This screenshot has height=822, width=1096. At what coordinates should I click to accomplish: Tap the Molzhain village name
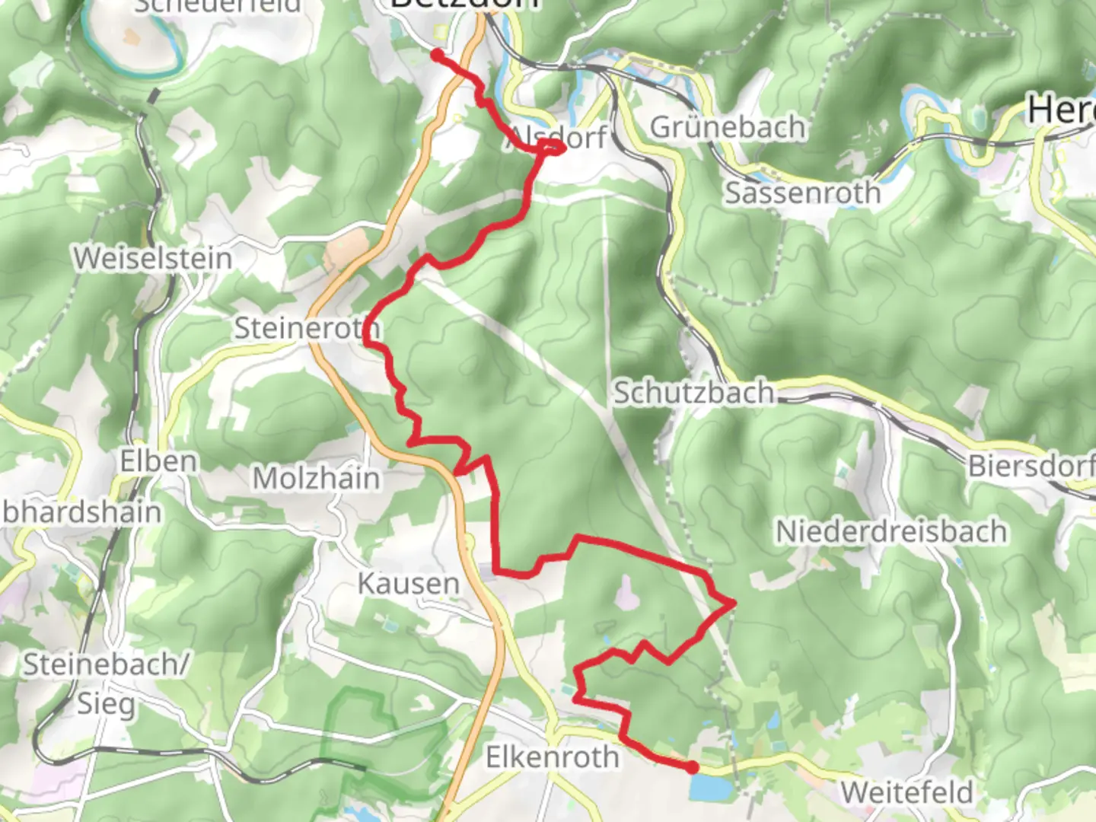316,478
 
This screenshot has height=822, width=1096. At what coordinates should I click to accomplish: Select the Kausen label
408,584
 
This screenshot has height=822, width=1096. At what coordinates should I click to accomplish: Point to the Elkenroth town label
553,757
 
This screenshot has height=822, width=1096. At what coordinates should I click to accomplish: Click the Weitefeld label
906,792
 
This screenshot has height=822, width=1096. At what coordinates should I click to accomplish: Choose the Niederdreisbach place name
890,530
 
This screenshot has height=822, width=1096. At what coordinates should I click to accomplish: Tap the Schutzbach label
693,393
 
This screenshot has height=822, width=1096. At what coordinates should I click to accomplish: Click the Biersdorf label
1031,465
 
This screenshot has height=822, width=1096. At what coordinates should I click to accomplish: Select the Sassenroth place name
802,193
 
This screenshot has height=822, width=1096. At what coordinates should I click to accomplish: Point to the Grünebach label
727,127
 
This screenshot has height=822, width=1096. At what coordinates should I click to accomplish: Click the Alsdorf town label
559,138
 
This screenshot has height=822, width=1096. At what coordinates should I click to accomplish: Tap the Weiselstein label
152,258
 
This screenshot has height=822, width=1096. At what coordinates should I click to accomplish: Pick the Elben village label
158,460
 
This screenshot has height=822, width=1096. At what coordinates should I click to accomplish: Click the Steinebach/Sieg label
105,683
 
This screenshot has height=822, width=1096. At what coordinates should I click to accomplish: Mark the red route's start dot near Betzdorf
437,54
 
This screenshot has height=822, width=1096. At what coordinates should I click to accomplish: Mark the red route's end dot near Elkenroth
691,768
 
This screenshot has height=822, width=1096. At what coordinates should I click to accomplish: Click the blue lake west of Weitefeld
708,789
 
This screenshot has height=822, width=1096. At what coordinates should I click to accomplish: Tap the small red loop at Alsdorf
553,146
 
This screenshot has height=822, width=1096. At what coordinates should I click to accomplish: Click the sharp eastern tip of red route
734,603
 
